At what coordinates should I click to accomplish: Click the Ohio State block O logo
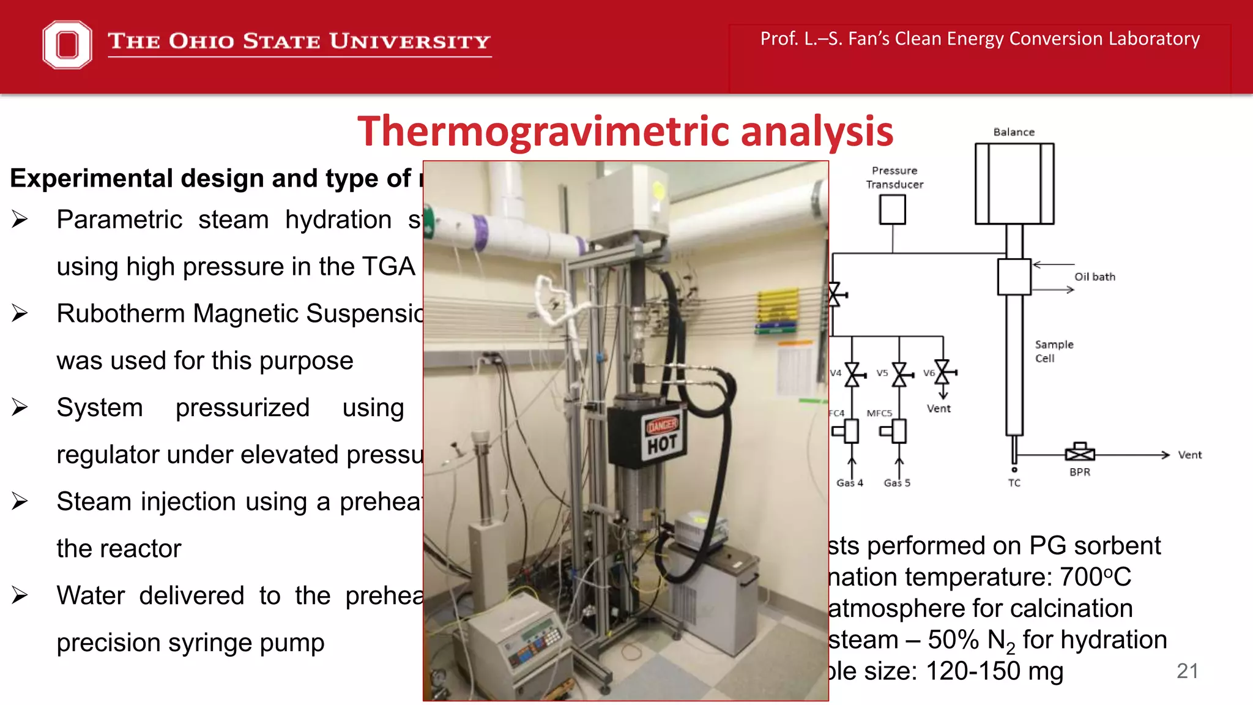click(67, 44)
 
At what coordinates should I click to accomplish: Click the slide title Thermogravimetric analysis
click(625, 131)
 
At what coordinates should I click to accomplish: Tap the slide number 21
click(1187, 671)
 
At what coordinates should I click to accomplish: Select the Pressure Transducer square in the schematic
click(893, 209)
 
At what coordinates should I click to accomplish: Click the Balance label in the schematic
click(1014, 132)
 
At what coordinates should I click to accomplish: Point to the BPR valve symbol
click(1080, 453)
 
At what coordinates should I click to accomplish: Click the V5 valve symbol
click(899, 374)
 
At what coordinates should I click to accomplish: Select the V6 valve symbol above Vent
click(943, 371)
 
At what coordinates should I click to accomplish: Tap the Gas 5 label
click(897, 483)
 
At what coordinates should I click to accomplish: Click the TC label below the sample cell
click(1014, 483)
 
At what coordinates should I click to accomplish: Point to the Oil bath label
click(1095, 277)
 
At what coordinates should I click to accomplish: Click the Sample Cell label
click(1054, 351)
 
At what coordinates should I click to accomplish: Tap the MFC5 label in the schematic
click(879, 413)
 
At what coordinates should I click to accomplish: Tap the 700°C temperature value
click(1095, 576)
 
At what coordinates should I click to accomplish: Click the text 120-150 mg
click(994, 671)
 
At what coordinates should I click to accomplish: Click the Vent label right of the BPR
click(1190, 455)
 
